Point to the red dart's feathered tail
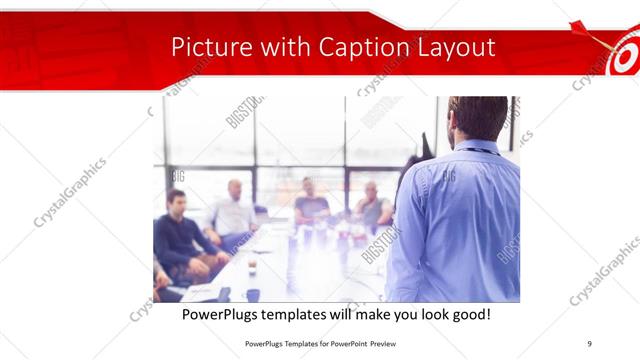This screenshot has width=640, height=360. point(577,26)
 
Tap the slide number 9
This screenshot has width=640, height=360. point(590,343)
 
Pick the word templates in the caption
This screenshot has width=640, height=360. point(308,315)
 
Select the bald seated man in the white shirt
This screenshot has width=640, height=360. point(234,210)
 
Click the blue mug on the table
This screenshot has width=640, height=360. point(253,294)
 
